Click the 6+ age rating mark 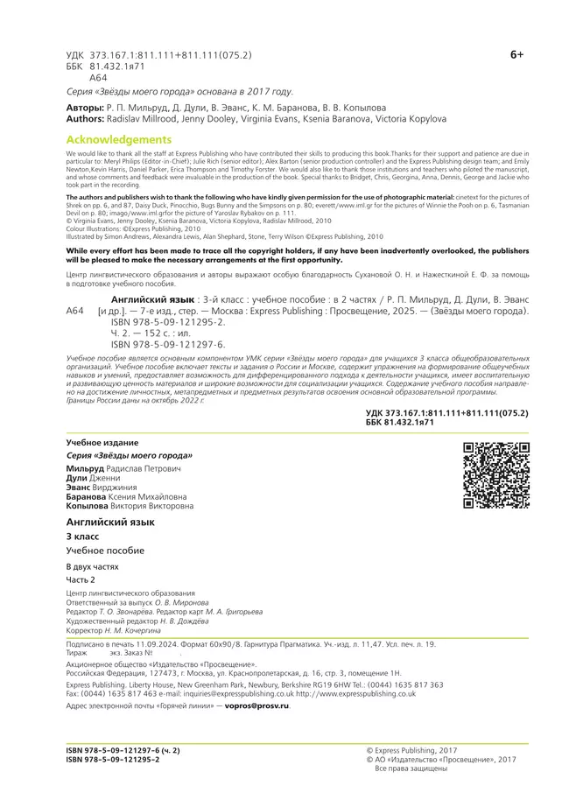click(x=516, y=55)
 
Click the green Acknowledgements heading click(x=119, y=140)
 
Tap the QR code click(x=496, y=476)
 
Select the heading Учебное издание click(x=102, y=444)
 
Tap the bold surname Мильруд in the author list click(x=85, y=470)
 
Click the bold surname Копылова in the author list click(x=88, y=506)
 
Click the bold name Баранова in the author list click(x=88, y=496)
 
